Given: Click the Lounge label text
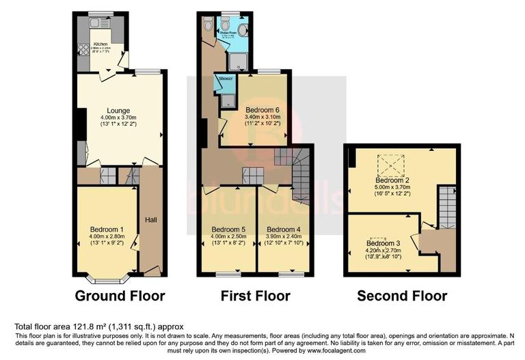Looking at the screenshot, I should tap(118, 111).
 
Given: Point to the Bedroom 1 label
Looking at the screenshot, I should tap(107, 229).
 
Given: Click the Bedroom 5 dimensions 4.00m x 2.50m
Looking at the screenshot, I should tap(228, 237).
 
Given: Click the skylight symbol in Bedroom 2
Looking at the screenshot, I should tap(390, 163).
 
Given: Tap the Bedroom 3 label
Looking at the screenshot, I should tap(383, 243).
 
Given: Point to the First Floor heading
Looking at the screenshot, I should tap(255, 296).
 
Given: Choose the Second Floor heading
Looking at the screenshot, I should tap(402, 296).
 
